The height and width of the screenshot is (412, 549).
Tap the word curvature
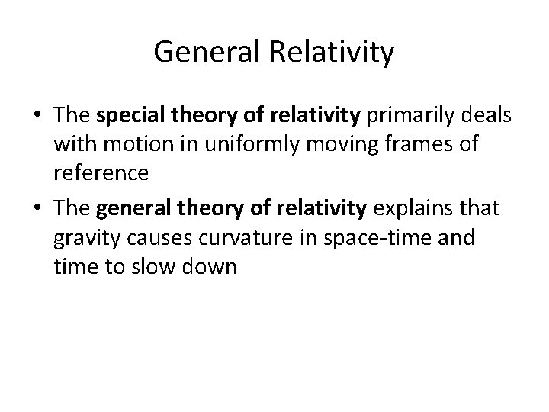pos(247,237)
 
